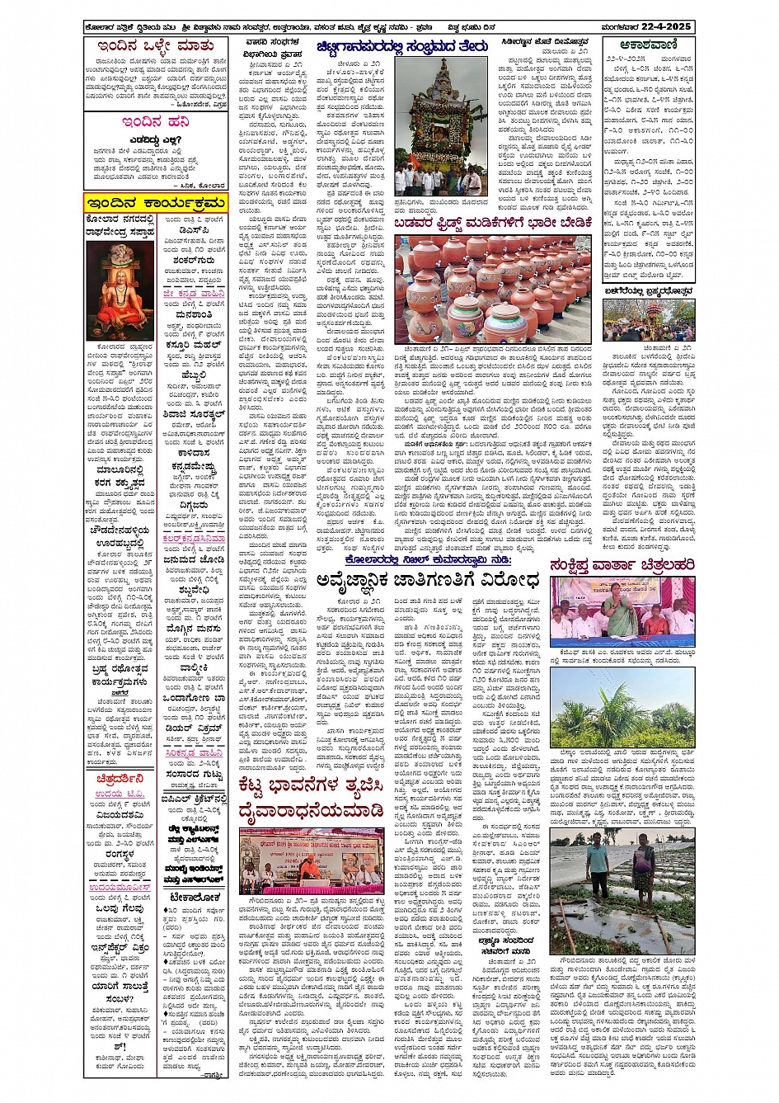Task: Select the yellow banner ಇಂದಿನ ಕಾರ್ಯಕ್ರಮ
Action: pyautogui.click(x=155, y=203)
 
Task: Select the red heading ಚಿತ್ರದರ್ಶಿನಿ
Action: pyautogui.click(x=120, y=777)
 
